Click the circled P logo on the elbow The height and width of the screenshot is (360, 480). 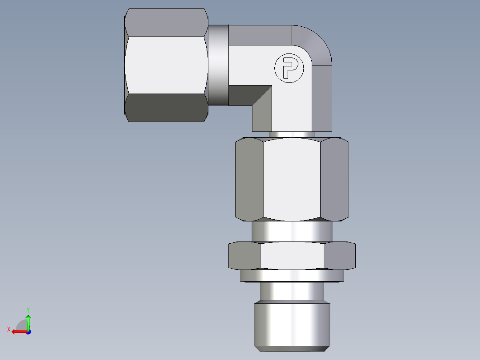(x=289, y=69)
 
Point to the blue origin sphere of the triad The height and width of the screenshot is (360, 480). (x=28, y=331)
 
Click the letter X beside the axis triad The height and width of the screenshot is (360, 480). (x=8, y=329)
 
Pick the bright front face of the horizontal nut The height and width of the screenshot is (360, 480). (x=166, y=65)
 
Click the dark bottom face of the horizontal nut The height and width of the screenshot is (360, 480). (x=166, y=108)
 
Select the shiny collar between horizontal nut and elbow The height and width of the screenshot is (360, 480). (x=218, y=65)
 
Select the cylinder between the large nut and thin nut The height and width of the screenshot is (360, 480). (x=292, y=232)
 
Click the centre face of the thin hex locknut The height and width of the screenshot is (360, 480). (x=292, y=256)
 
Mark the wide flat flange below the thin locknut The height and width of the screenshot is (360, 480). (x=292, y=276)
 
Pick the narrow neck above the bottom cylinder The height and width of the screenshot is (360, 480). (x=292, y=291)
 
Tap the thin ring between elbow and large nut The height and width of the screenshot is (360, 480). (x=292, y=134)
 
